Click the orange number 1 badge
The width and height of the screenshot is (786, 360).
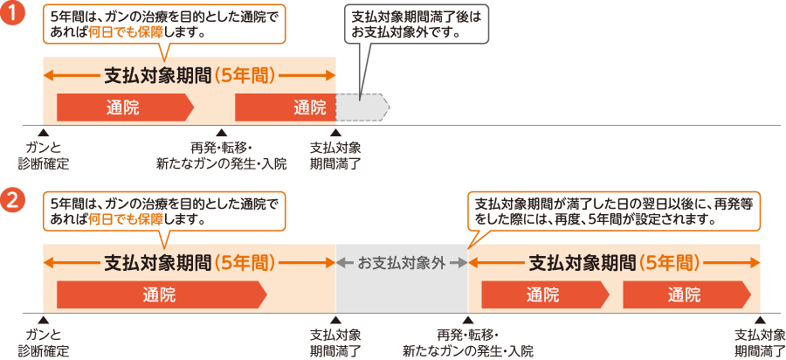[x=13, y=17]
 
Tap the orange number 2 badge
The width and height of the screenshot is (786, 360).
[x=13, y=202]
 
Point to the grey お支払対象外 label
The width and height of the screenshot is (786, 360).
[x=401, y=261]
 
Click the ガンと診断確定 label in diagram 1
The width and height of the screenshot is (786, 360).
[x=44, y=156]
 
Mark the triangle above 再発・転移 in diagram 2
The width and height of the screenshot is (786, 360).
[x=467, y=321]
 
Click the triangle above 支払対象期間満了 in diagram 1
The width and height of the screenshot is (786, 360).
[x=335, y=132]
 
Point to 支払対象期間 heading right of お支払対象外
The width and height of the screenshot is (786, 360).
[x=613, y=261]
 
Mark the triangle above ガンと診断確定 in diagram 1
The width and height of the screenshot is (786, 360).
[x=44, y=132]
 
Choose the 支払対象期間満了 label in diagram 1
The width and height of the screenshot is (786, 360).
[x=335, y=156]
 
